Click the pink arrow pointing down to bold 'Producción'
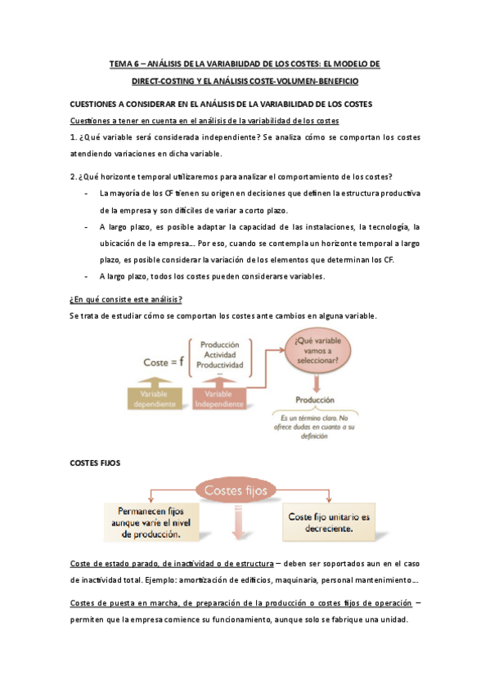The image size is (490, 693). (x=317, y=382)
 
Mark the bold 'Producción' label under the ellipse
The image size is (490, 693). (x=316, y=400)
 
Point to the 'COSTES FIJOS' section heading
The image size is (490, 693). (x=96, y=463)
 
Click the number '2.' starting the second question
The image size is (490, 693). (x=74, y=177)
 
